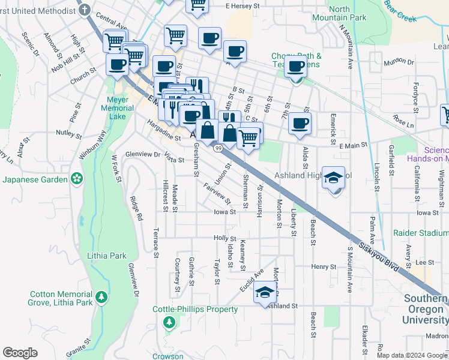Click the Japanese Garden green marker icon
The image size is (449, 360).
click(x=76, y=178)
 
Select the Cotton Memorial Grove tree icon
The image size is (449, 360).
click(x=101, y=296)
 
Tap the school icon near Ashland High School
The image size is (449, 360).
click(x=333, y=178)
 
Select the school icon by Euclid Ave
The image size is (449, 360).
click(x=264, y=293)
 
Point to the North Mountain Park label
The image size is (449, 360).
click(x=339, y=13)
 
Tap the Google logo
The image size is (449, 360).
click(x=20, y=353)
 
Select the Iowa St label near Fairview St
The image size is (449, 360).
click(x=224, y=212)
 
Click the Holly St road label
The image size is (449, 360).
click(x=225, y=238)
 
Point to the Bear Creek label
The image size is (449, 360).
click(x=400, y=15)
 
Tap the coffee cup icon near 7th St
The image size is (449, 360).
click(x=300, y=124)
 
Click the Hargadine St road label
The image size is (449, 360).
click(x=164, y=137)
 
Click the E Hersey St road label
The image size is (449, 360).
click(x=246, y=6)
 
